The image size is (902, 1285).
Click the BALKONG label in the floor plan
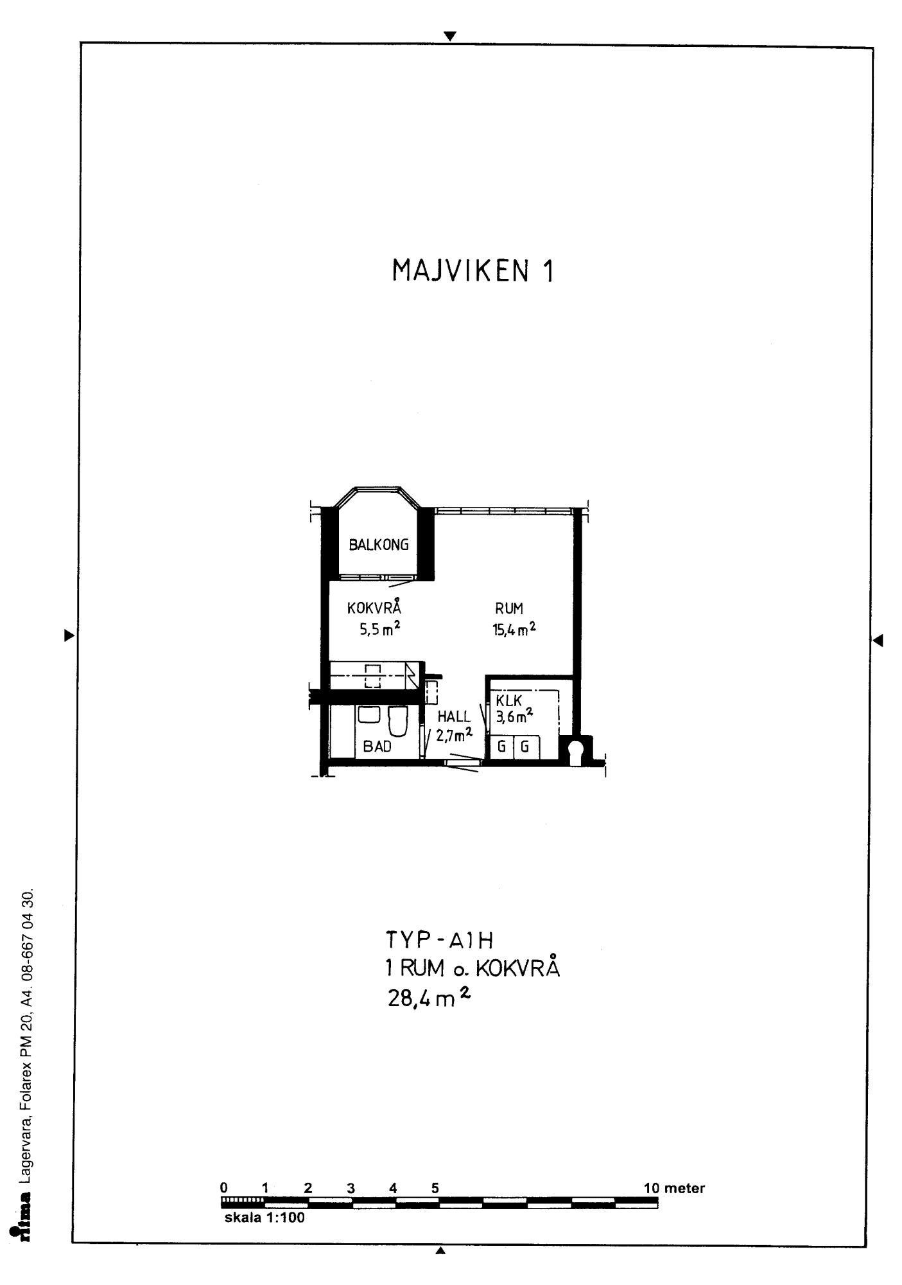(x=379, y=545)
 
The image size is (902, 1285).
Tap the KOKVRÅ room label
(x=374, y=607)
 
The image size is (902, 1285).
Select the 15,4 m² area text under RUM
(x=514, y=629)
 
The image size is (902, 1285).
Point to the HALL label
(x=454, y=716)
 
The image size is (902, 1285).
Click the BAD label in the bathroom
(x=377, y=747)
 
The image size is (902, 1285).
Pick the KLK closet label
(x=509, y=702)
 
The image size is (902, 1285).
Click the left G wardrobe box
(x=501, y=747)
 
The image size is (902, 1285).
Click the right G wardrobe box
(x=525, y=747)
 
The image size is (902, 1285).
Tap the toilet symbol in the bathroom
(x=397, y=721)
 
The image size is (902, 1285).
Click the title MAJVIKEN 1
(x=472, y=271)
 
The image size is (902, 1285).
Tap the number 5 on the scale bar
(x=435, y=1188)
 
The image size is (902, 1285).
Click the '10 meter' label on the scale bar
(x=674, y=1188)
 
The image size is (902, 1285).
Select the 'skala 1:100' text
(x=265, y=1218)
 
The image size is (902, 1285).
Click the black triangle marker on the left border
(x=69, y=636)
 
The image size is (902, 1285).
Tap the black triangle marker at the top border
(x=451, y=36)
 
